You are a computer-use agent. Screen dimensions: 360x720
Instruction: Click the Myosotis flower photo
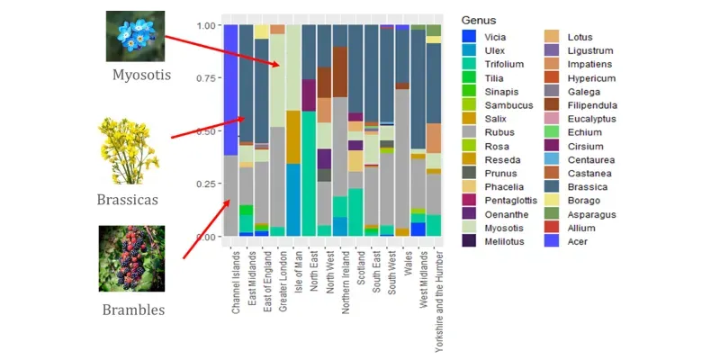pyautogui.click(x=135, y=36)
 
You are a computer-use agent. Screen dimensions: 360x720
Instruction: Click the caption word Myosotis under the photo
pyautogui.click(x=140, y=74)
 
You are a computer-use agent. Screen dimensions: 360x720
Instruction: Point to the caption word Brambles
pyautogui.click(x=132, y=310)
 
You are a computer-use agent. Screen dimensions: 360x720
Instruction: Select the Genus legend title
pyautogui.click(x=478, y=20)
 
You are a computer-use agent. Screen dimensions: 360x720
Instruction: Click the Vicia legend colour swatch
pyautogui.click(x=470, y=38)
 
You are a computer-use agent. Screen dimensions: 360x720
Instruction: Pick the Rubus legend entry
pyautogui.click(x=499, y=131)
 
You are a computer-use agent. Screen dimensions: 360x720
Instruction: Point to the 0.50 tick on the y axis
pyautogui.click(x=205, y=131)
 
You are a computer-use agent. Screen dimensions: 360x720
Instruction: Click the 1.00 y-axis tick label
pyautogui.click(x=205, y=25)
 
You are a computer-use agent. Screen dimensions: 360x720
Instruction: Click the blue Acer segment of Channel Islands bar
pyautogui.click(x=231, y=90)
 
